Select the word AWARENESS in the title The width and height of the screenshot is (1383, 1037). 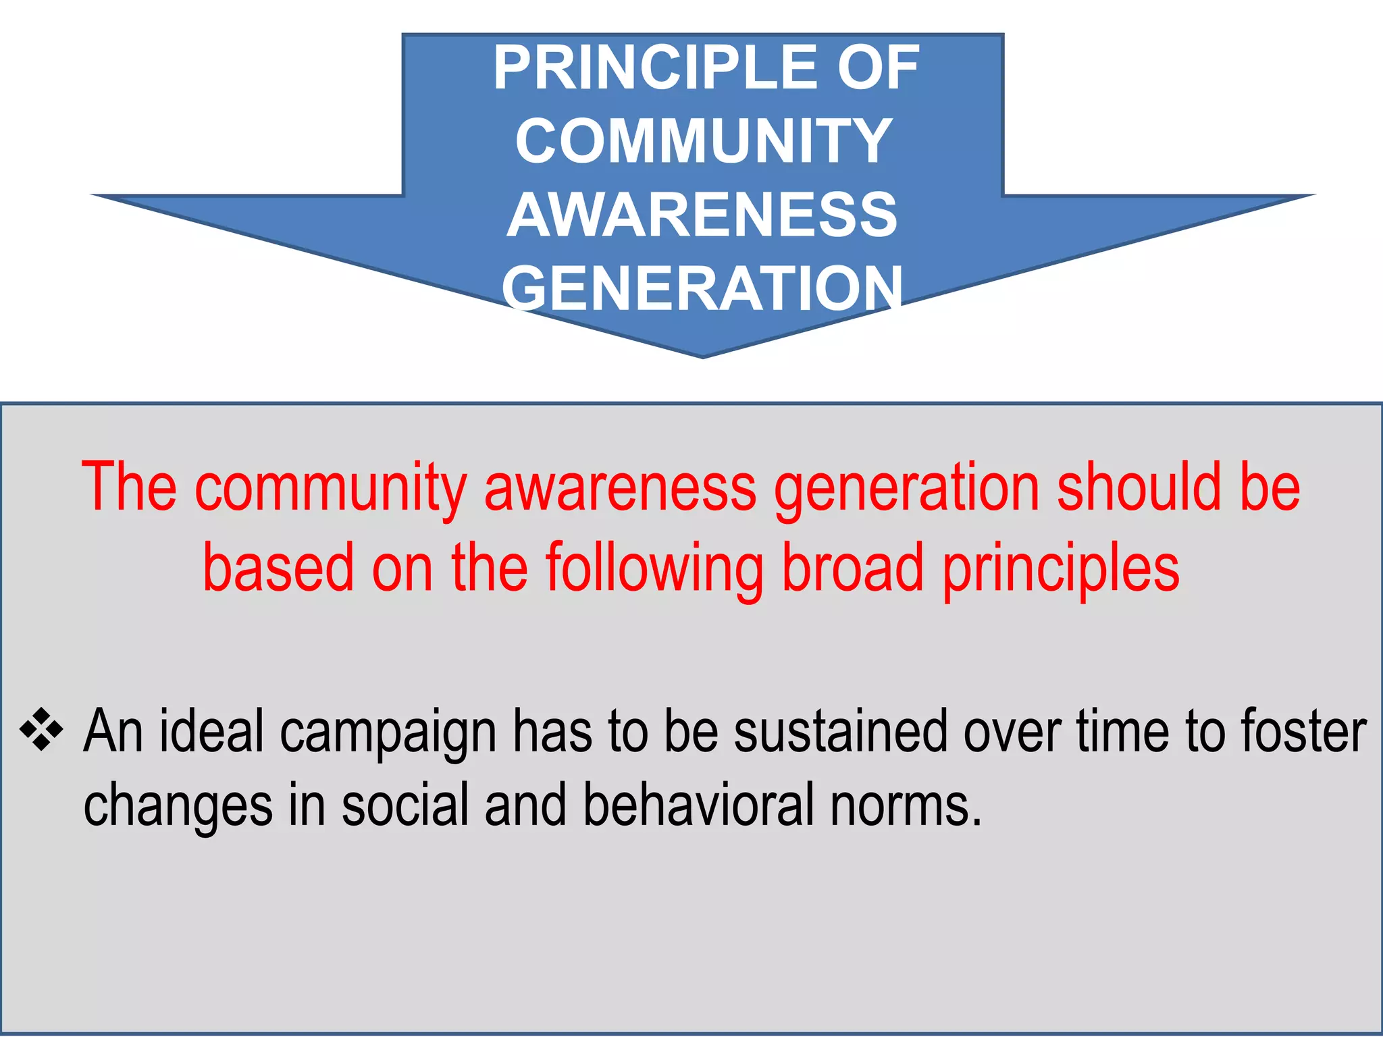702,215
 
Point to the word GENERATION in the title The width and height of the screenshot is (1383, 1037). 702,288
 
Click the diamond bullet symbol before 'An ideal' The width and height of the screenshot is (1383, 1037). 42,730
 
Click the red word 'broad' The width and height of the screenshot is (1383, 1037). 852,567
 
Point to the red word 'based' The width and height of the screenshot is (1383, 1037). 278,567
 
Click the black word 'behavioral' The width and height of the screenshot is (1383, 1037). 698,805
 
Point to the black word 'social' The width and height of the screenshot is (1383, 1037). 405,805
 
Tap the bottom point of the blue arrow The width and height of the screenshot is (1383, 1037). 702,356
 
